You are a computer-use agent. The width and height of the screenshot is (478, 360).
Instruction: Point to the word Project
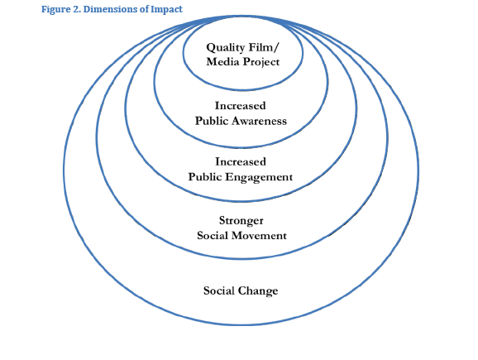[261, 63]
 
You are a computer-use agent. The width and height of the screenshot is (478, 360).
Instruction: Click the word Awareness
[259, 121]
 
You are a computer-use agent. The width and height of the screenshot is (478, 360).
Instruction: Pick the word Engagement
[259, 178]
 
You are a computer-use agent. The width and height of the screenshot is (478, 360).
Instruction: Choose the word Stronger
[241, 221]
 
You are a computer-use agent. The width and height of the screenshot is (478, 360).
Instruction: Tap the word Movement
[260, 236]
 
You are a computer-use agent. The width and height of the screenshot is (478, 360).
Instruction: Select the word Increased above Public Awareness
[241, 106]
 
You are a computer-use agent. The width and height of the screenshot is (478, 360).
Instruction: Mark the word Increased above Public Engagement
[241, 161]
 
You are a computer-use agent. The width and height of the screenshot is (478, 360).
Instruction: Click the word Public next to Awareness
[212, 121]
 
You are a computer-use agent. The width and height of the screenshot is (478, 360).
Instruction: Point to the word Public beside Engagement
[205, 177]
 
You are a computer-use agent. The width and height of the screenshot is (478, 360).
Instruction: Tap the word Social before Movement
[213, 236]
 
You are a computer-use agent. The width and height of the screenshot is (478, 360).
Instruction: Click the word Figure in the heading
[55, 10]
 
